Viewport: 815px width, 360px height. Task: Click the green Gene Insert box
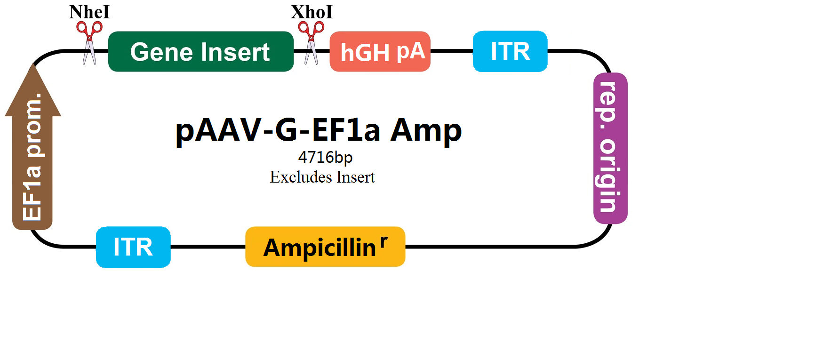201,51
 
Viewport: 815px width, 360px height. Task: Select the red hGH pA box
380,51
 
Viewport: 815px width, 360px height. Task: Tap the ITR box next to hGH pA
510,51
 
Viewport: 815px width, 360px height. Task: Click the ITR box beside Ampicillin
133,247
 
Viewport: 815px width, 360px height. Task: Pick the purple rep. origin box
610,148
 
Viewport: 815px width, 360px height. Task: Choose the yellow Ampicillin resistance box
325,247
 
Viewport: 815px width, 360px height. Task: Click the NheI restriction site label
89,12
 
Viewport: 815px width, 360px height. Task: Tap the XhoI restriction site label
312,12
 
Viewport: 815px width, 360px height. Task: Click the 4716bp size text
325,157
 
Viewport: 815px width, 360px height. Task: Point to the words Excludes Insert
322,177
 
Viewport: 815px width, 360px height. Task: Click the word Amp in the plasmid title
426,130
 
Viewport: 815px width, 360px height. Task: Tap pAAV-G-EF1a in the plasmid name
278,130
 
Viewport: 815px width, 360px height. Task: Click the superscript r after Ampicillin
384,241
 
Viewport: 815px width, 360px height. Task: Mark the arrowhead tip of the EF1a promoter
32,64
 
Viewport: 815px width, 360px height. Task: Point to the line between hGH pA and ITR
452,51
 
